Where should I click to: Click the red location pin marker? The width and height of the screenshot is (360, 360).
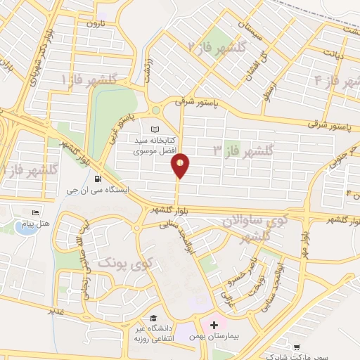[181, 165]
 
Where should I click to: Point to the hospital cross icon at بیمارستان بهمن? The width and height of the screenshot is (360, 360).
[214, 326]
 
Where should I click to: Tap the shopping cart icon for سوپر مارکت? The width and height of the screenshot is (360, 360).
[298, 347]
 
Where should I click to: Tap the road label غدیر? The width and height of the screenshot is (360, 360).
[51, 309]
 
